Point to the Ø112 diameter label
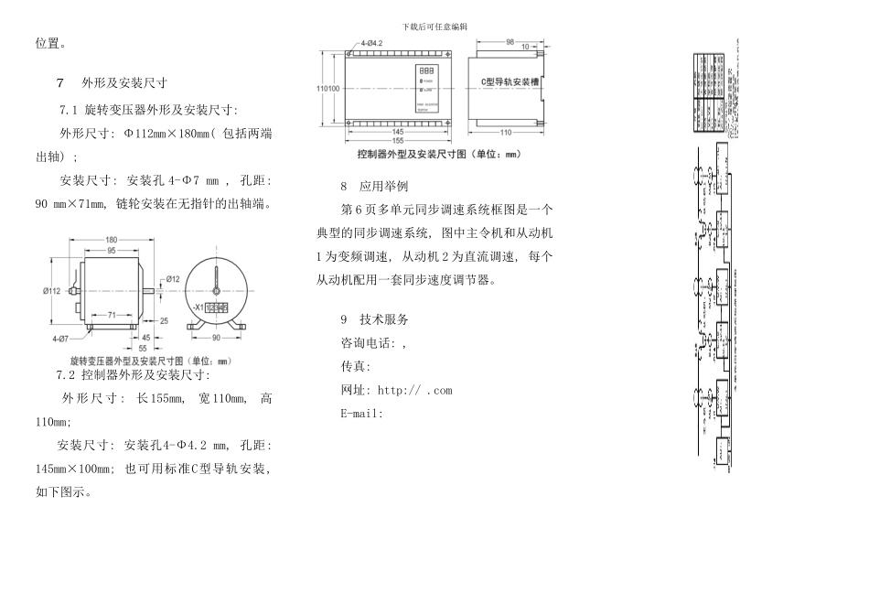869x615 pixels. [x=50, y=291]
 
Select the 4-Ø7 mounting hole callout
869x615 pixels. [x=60, y=339]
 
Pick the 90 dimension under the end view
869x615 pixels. [x=218, y=339]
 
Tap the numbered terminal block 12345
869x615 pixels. [x=217, y=307]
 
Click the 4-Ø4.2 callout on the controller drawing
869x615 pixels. [x=378, y=42]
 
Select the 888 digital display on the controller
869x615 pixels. [x=426, y=70]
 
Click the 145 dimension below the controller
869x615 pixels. [x=400, y=132]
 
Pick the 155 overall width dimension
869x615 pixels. [x=399, y=140]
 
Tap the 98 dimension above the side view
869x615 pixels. [x=510, y=41]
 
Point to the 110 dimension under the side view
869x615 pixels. [x=506, y=132]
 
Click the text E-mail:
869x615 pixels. [x=360, y=413]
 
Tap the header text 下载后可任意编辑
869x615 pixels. [x=434, y=26]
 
